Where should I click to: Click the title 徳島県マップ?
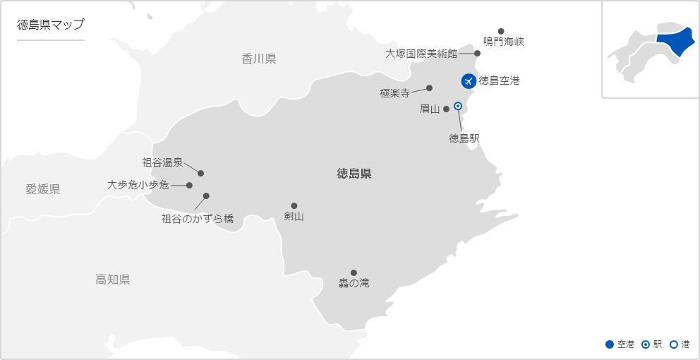point(50,25)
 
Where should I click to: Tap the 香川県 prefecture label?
point(259,59)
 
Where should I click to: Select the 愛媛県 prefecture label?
point(43,188)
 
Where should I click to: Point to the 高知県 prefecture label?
point(113,280)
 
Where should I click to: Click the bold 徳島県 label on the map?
point(354,174)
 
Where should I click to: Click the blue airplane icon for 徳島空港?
point(467,81)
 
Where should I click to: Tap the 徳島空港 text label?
point(499,80)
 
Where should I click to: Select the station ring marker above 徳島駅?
point(457,106)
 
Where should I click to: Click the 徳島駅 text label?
point(464,138)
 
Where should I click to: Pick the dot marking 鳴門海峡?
point(501,31)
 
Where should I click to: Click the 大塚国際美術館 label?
point(421,53)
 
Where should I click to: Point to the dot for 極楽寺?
point(429,88)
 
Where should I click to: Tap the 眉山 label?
point(429,109)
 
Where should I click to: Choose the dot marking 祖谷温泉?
point(201,173)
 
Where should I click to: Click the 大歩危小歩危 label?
point(138,185)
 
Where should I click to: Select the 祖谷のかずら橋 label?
point(197,219)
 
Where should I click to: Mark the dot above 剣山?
point(294,205)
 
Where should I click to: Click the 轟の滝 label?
point(354,284)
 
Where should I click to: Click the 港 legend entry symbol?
point(673,344)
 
